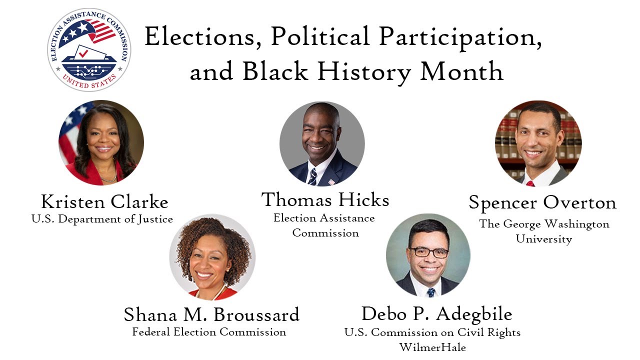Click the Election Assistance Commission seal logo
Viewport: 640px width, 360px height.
coord(89,49)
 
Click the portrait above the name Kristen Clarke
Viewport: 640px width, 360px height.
coord(101,142)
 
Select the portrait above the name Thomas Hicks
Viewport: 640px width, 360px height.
coord(322,144)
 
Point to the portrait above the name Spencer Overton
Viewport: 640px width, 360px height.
coord(538,143)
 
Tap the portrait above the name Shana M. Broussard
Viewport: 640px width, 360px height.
coord(212,257)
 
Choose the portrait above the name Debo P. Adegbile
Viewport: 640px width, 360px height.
coord(428,255)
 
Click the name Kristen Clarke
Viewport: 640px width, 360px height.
coord(104,202)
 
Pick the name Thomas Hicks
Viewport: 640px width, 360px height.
coord(325,200)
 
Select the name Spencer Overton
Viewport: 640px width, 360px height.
coord(542,203)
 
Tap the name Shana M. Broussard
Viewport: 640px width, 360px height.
coord(211,314)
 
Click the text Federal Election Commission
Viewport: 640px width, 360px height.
coord(209,332)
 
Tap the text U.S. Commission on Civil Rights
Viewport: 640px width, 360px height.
coord(432,332)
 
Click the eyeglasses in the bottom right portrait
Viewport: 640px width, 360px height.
coord(428,252)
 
